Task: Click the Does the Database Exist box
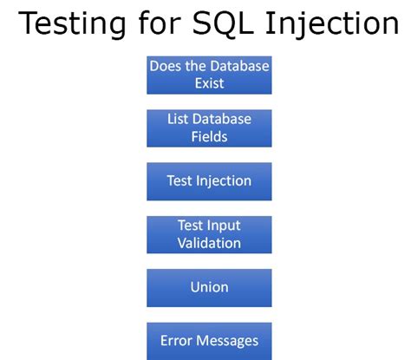(x=209, y=75)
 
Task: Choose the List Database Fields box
(x=209, y=128)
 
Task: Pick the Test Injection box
(x=209, y=181)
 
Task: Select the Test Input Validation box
(x=209, y=234)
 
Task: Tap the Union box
(x=209, y=287)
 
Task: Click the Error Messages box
(x=209, y=340)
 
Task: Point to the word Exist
(x=209, y=83)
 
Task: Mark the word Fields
(x=209, y=136)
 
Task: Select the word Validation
(x=209, y=243)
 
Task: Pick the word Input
(x=223, y=226)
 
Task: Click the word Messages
(x=226, y=340)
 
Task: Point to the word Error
(x=175, y=340)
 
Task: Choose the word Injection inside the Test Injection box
(x=224, y=181)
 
